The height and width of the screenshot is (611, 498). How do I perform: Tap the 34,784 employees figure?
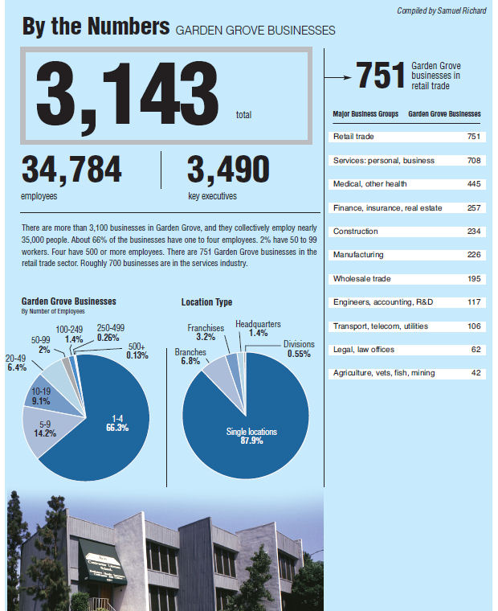(72, 170)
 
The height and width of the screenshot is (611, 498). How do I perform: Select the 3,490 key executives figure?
(228, 170)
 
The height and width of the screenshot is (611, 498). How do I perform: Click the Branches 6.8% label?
(191, 356)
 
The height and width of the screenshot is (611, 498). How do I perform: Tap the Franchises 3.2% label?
(206, 333)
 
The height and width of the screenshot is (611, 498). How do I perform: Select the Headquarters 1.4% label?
(258, 328)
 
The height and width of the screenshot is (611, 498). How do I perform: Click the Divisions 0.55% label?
(298, 348)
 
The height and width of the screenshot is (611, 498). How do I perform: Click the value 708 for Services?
(473, 161)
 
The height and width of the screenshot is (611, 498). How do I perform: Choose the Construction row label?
(357, 232)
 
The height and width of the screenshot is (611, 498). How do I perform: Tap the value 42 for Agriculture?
(476, 373)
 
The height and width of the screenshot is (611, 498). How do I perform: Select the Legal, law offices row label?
(363, 350)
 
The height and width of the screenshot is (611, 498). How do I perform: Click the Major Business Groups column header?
(365, 114)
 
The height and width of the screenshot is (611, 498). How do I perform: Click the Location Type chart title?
(206, 302)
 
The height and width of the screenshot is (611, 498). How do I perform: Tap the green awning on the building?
(101, 554)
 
